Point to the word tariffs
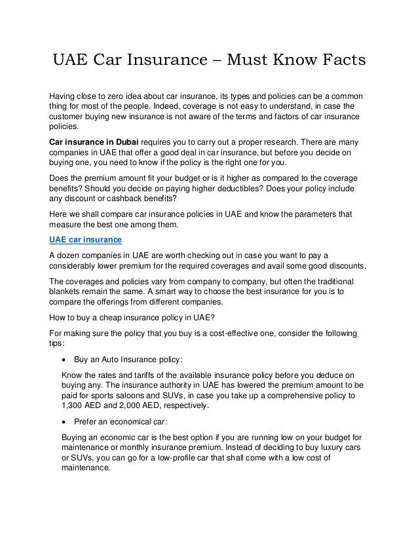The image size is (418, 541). pos(145,374)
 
